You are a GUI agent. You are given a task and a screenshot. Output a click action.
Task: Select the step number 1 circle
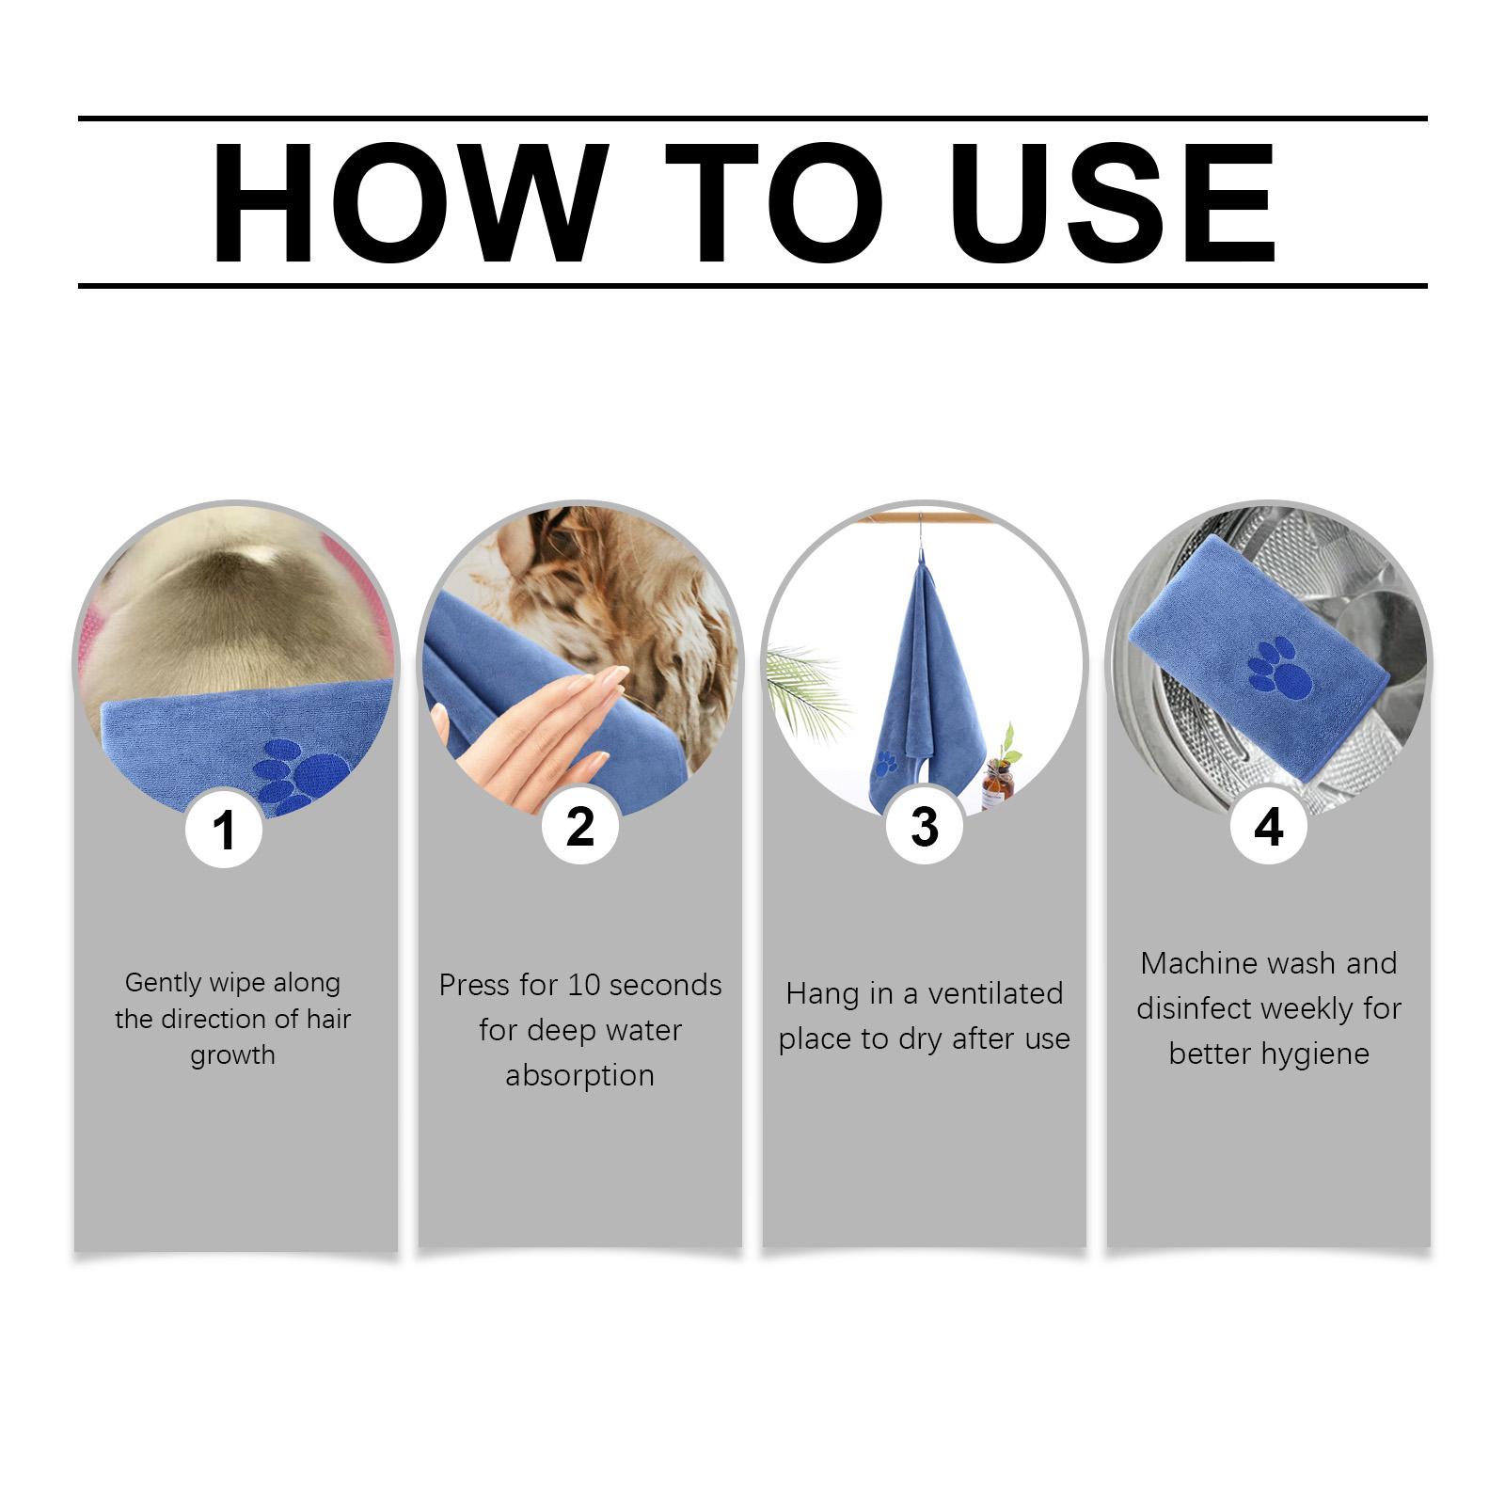224,829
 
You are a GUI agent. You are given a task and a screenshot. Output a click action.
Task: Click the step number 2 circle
580,826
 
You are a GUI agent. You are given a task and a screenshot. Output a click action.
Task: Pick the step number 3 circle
925,826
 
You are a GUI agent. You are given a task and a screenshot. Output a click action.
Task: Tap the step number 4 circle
1269,826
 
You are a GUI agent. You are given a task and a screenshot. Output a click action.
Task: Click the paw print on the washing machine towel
1278,667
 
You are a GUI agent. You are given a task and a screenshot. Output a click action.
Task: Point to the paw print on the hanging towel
885,763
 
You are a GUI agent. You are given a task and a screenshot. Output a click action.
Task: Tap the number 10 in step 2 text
583,985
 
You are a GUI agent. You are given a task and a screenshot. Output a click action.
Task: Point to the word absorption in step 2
579,1075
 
